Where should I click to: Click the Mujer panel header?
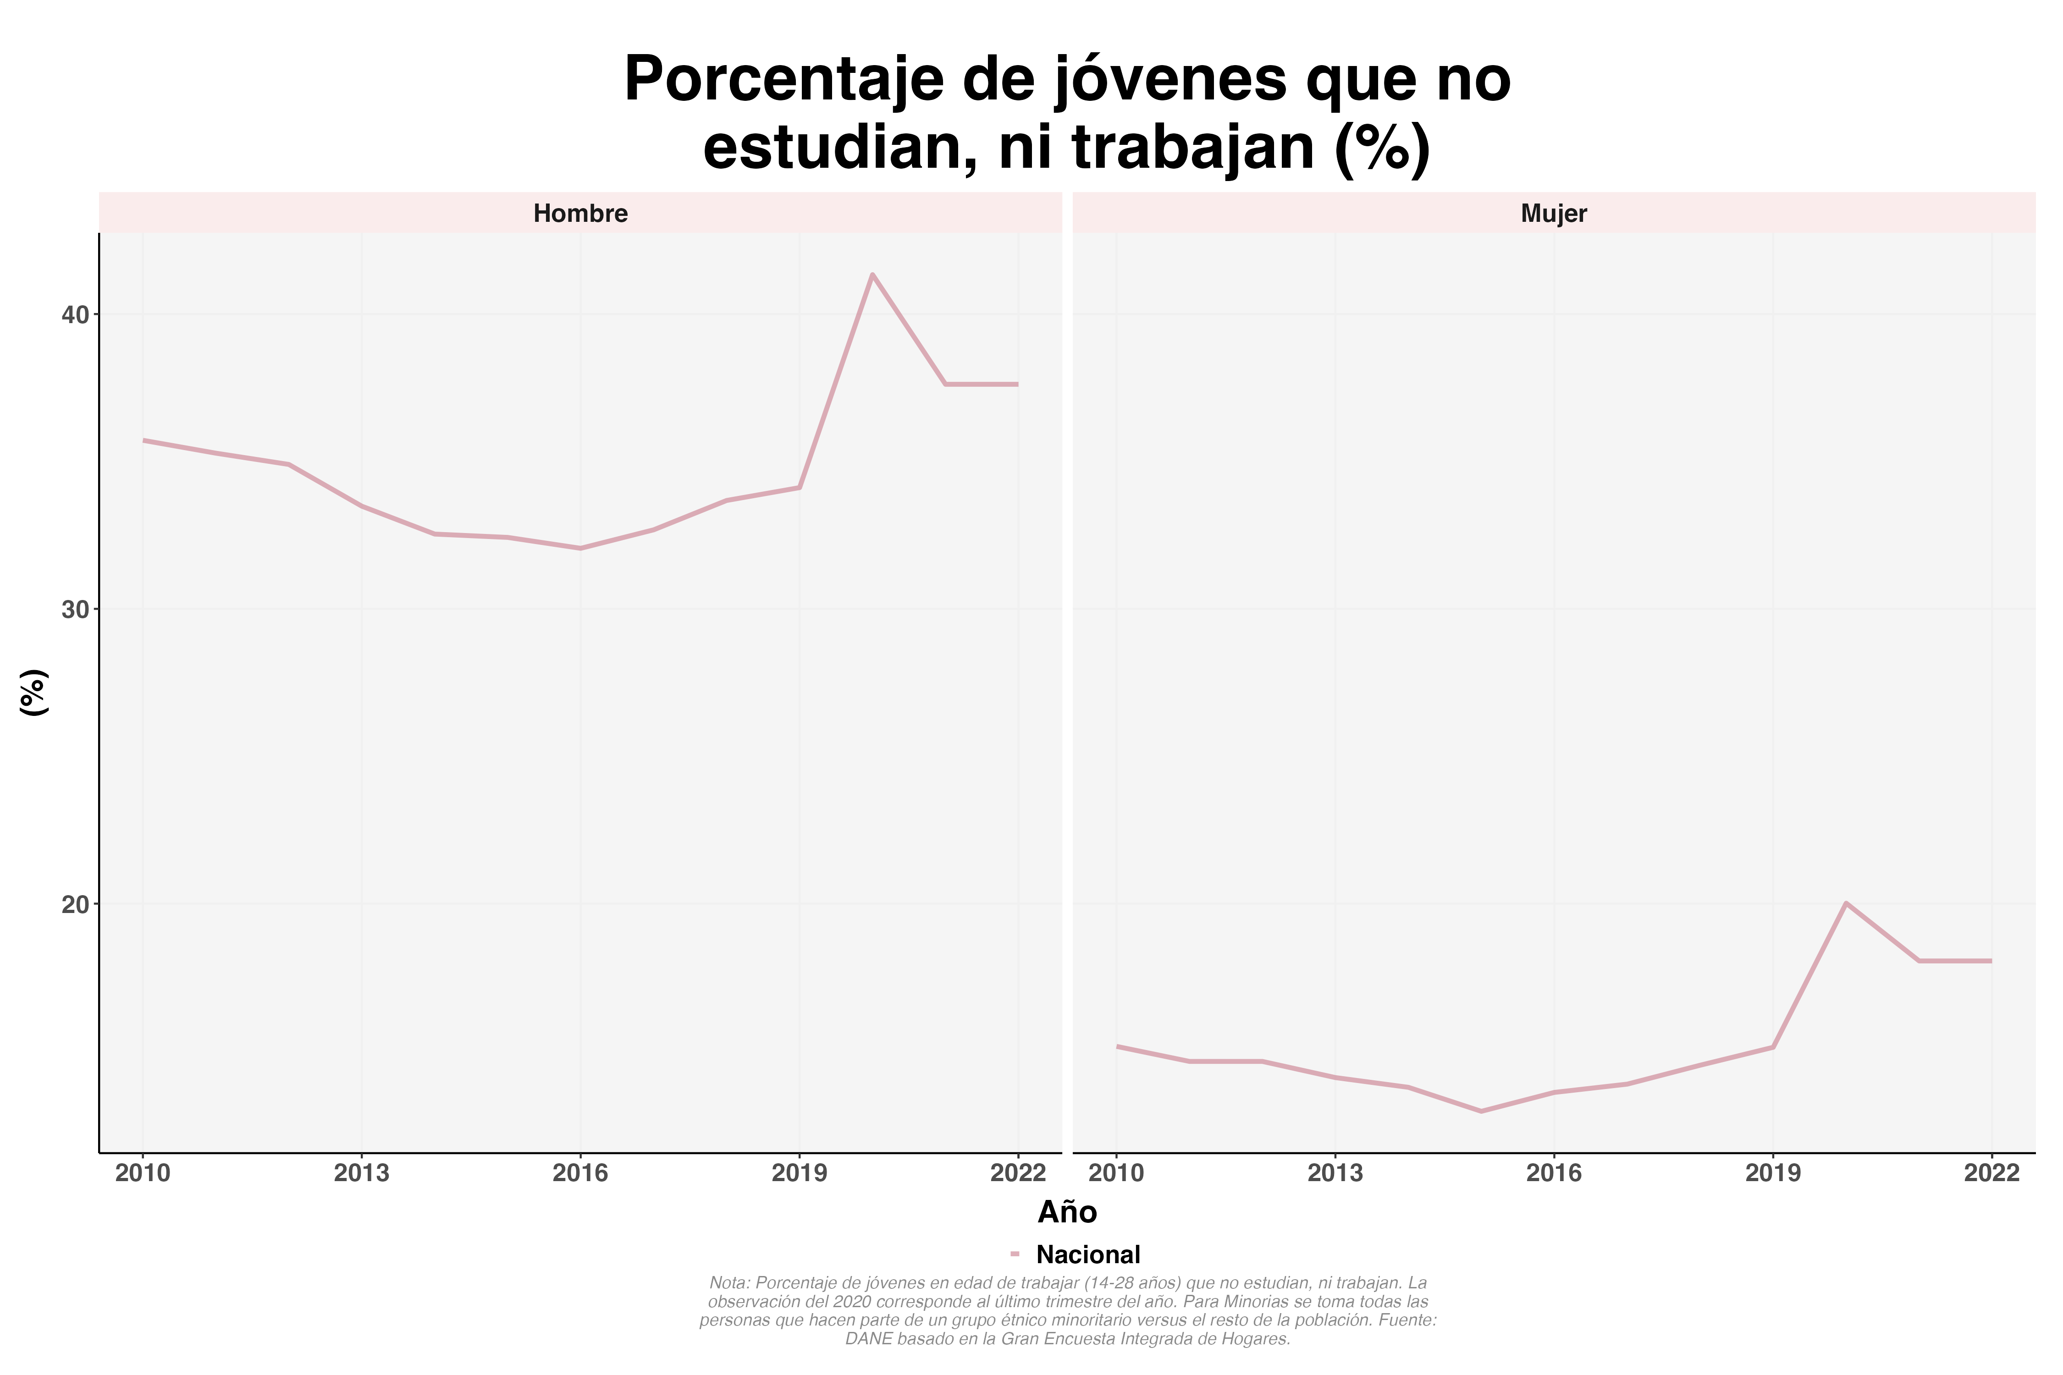[1553, 213]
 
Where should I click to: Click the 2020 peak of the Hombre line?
[872, 275]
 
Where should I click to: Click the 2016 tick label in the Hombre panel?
[580, 1173]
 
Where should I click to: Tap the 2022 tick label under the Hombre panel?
[1017, 1173]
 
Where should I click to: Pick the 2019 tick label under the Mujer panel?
[1773, 1173]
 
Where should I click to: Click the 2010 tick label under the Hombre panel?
[143, 1173]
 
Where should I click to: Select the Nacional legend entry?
[1087, 1255]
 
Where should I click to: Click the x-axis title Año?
[1067, 1213]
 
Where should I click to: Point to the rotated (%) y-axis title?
[33, 693]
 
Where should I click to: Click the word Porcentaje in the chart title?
[783, 81]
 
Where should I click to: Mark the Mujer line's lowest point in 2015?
[1481, 1111]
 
